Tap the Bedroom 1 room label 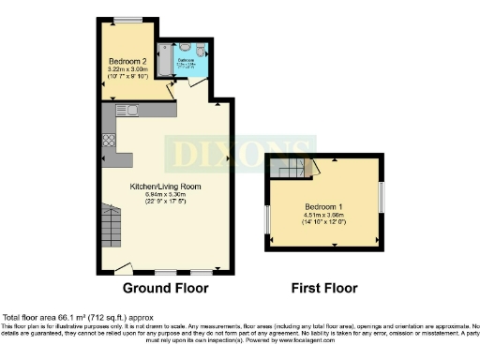pos(323,206)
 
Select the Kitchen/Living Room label pos(165,187)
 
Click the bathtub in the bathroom pos(165,63)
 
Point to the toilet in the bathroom pos(201,52)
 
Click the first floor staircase pos(292,170)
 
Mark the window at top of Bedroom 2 pos(128,20)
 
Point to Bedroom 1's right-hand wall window pos(382,198)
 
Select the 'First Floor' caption pos(324,288)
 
